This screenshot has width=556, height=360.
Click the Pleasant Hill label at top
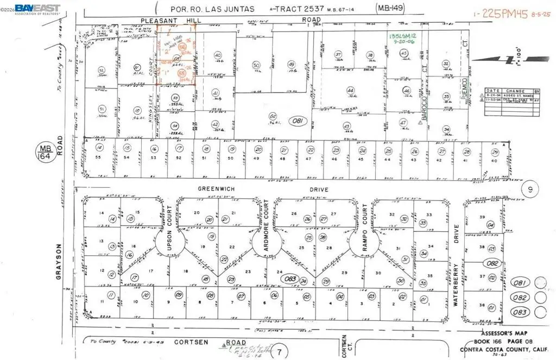(x=163, y=20)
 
